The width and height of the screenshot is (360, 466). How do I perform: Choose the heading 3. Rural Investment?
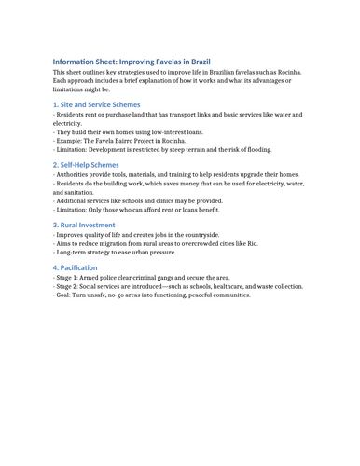point(84,225)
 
